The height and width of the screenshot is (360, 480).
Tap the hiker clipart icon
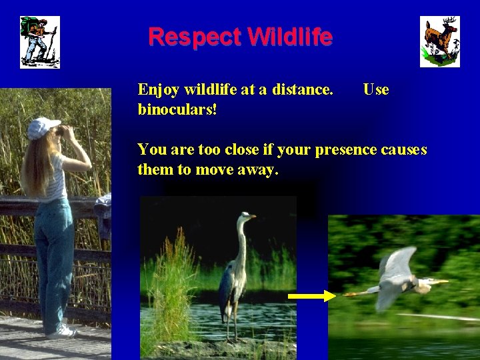pos(39,42)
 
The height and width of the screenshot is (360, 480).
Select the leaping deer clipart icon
pos(439,41)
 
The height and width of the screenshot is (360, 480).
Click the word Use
pos(376,89)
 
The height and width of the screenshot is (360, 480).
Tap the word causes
pos(403,149)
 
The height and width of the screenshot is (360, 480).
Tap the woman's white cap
pos(43,125)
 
